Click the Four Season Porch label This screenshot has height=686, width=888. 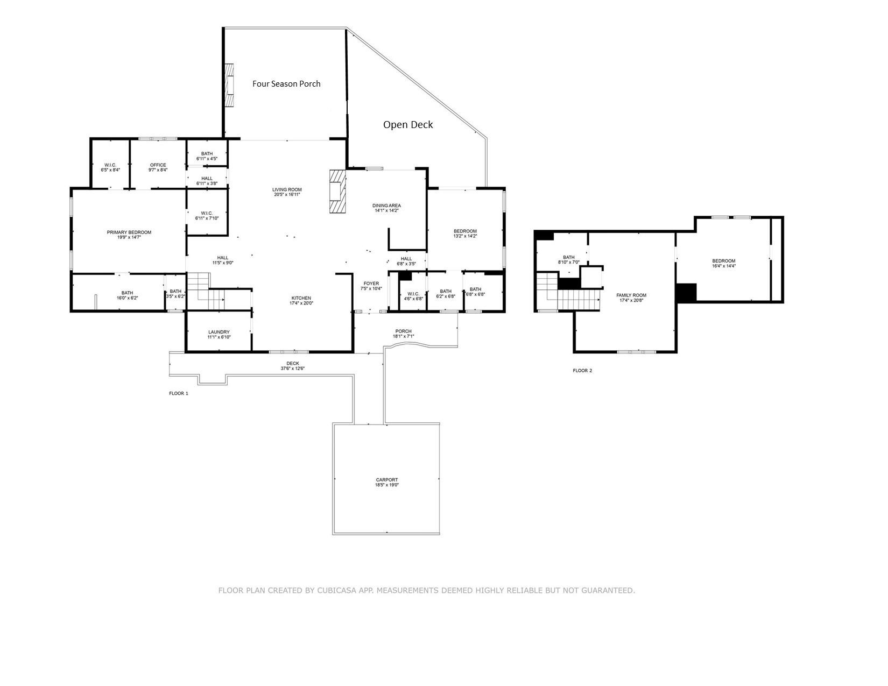coord(286,84)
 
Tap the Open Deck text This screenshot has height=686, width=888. coord(408,125)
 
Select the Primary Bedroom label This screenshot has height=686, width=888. coord(129,232)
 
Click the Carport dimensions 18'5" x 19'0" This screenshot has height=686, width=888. coord(387,485)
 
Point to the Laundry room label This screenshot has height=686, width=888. coord(219,332)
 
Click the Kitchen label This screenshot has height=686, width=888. coord(301,298)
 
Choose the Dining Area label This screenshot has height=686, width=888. coord(386,206)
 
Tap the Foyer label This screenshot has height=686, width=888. coord(371,284)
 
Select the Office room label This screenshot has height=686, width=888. coord(158,165)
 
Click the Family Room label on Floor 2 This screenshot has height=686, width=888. coord(631,295)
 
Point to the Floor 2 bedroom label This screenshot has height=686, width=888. coord(723,261)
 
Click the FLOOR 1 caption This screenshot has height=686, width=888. coord(179,393)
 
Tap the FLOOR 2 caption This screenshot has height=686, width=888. coord(582,371)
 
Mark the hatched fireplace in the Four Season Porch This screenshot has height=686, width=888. coord(230,86)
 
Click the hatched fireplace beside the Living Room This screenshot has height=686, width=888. coord(337,192)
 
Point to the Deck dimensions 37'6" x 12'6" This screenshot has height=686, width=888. coord(292,369)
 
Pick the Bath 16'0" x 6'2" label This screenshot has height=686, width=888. coord(127,295)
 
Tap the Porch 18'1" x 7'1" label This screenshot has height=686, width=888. coord(403,334)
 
